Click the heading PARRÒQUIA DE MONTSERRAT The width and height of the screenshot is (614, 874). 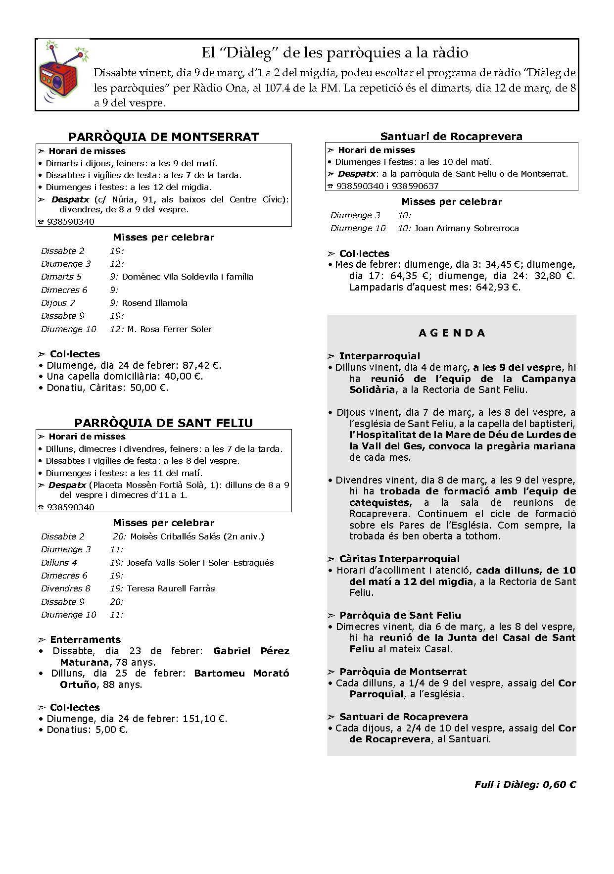click(x=163, y=137)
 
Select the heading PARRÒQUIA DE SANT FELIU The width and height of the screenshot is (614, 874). click(x=163, y=423)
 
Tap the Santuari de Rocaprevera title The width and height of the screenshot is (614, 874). click(x=451, y=136)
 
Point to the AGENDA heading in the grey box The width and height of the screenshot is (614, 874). click(x=452, y=333)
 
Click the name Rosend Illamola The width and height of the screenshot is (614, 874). click(x=155, y=303)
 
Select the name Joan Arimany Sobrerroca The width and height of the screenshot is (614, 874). click(x=467, y=228)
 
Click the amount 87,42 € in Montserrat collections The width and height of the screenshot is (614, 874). click(x=201, y=366)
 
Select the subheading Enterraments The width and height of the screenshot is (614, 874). click(x=85, y=639)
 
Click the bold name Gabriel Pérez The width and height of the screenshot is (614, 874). click(x=251, y=651)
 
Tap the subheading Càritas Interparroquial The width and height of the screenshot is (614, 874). click(x=399, y=559)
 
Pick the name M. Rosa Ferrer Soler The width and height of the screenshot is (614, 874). click(x=170, y=329)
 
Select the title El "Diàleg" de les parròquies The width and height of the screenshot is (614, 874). click(x=334, y=52)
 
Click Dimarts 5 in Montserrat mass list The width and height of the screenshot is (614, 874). click(x=61, y=277)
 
